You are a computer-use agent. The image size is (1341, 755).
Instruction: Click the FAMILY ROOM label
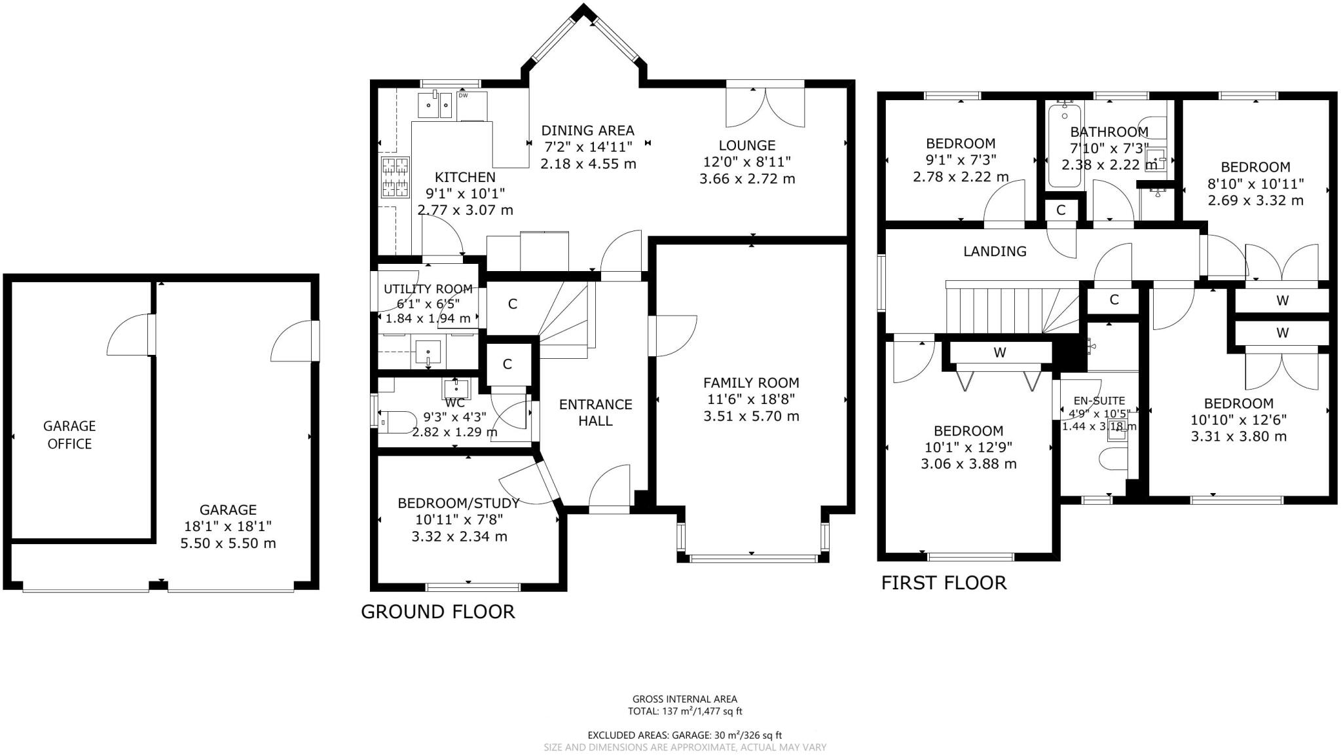(751, 382)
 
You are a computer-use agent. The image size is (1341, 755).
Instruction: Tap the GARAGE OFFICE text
(69, 435)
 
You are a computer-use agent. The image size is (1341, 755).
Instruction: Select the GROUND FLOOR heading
(437, 612)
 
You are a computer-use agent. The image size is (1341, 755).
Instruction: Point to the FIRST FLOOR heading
(943, 583)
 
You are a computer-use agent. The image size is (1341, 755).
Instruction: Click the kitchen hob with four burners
(395, 177)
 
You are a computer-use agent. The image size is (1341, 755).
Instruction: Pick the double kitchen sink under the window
(435, 105)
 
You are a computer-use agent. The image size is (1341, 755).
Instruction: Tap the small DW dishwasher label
(463, 96)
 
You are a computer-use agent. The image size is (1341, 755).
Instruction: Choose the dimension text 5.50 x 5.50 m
(228, 543)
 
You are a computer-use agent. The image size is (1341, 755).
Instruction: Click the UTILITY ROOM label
(428, 289)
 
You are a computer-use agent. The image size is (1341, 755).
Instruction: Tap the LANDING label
(995, 251)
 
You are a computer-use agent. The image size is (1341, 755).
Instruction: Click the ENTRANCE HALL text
(595, 413)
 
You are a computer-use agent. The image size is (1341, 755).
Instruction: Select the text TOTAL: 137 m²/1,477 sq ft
(685, 711)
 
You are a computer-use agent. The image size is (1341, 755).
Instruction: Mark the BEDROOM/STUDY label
(458, 503)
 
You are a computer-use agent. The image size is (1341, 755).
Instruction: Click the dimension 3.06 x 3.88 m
(968, 464)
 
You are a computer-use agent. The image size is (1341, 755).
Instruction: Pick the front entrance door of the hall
(609, 488)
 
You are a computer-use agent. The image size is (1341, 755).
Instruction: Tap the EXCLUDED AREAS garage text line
(685, 735)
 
